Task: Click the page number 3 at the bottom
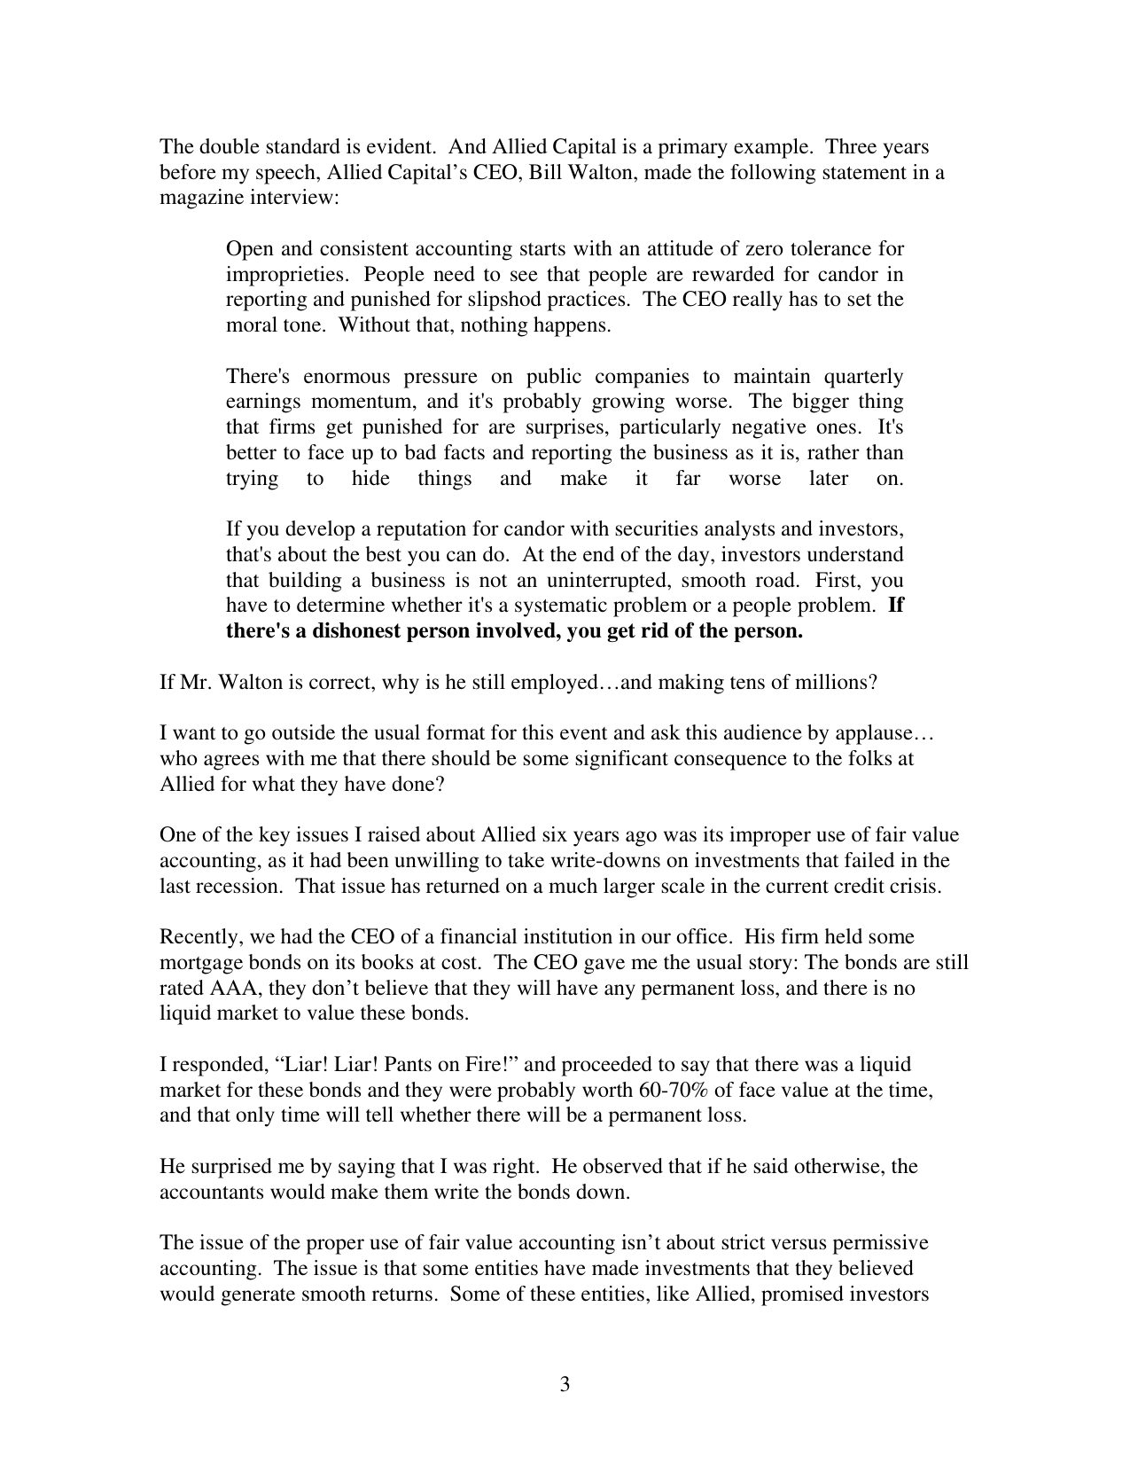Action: (565, 1385)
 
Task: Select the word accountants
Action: (207, 1193)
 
